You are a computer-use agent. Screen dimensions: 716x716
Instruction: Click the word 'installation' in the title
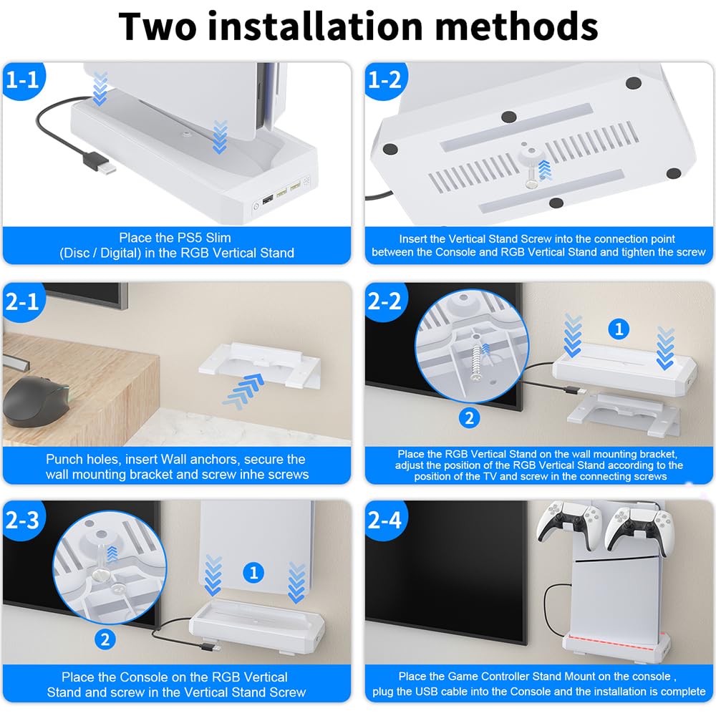(315, 26)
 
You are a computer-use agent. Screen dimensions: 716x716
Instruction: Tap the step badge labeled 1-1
(23, 80)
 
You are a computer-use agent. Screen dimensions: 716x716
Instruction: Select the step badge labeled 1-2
(385, 80)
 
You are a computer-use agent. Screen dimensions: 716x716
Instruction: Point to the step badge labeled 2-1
(23, 302)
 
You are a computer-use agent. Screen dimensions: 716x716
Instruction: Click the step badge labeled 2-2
(385, 302)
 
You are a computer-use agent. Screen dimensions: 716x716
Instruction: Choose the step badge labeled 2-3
(23, 520)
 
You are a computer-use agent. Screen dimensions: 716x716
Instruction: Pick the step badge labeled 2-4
(385, 520)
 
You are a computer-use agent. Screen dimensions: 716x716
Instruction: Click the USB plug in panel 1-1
(99, 163)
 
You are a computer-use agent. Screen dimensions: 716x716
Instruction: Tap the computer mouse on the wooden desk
(33, 401)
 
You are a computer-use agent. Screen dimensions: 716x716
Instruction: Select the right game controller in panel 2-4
(639, 528)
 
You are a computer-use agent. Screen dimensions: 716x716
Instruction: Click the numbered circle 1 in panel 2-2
(619, 329)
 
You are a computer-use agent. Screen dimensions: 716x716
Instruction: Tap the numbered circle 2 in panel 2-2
(469, 418)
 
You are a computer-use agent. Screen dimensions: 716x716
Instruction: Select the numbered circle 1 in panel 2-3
(253, 573)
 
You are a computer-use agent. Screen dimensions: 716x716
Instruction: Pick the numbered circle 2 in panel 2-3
(105, 639)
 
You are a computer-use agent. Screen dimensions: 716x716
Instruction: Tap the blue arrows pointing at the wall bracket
(244, 391)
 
